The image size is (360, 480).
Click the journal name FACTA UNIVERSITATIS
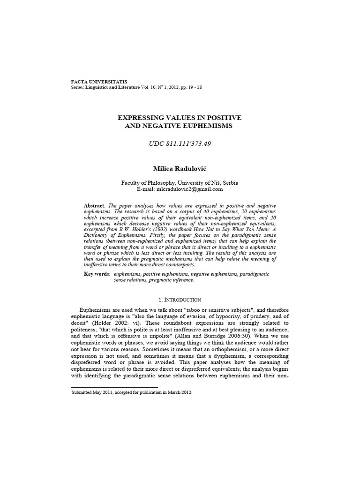point(98,82)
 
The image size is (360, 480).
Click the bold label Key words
point(97,274)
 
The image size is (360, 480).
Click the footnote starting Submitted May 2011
point(132,393)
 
